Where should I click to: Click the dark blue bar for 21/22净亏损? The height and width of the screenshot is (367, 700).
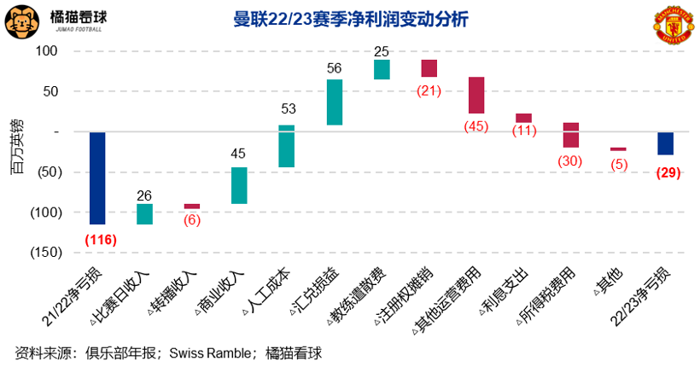tap(97, 178)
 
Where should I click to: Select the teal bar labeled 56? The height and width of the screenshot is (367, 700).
tap(335, 102)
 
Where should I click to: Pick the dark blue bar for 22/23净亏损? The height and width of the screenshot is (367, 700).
tap(665, 143)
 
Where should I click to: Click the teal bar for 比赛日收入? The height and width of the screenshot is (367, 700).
tap(145, 214)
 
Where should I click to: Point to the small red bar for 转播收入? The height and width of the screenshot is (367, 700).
tap(192, 207)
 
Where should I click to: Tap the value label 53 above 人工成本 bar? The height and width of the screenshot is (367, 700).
tap(288, 108)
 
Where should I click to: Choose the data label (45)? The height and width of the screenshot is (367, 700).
tap(476, 127)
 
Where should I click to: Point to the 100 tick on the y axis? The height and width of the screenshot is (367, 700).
tap(46, 51)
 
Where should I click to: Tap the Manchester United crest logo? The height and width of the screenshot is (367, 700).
tap(672, 26)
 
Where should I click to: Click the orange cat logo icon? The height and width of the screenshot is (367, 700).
tap(22, 22)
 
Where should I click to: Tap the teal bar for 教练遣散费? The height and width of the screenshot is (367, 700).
tap(382, 69)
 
